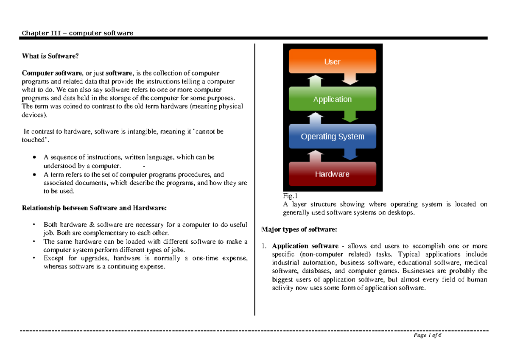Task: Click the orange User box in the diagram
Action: coord(332,61)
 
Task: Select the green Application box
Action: coord(332,99)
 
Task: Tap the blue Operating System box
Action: coord(332,137)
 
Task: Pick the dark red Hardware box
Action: coord(332,174)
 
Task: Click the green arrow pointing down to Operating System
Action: coord(350,115)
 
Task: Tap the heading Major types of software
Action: coord(299,229)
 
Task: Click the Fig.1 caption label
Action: coord(290,196)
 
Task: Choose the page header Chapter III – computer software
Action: coord(78,33)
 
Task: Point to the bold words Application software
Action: coord(305,246)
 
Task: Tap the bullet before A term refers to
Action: coord(34,175)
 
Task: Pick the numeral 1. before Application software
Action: coord(263,246)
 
